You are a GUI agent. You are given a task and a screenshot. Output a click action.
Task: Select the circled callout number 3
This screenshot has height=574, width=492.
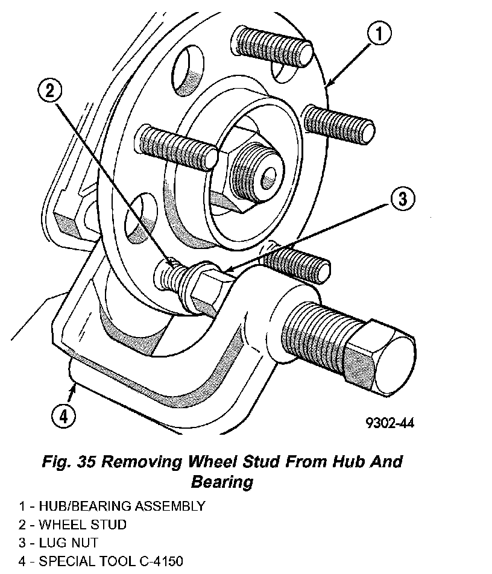coord(401,199)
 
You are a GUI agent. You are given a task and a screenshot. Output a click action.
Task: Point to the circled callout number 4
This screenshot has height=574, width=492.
coord(62,416)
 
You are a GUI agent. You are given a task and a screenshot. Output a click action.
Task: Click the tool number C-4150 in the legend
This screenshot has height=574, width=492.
coord(156,562)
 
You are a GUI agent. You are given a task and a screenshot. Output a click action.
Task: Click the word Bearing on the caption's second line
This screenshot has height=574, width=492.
coord(221,482)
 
